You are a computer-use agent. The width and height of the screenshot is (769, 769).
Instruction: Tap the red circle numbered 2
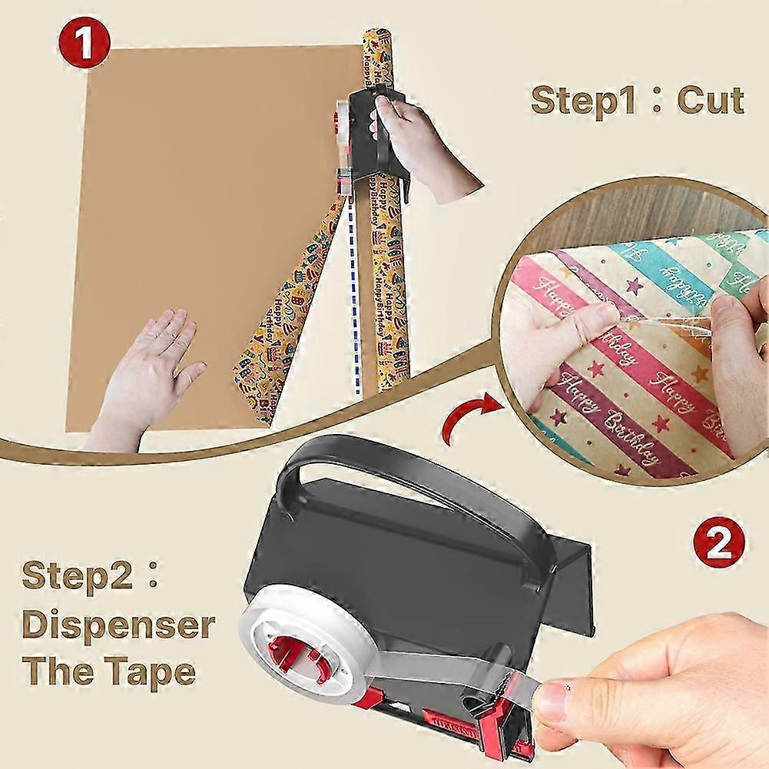pos(719,542)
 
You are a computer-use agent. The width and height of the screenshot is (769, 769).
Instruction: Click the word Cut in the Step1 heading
pos(711,100)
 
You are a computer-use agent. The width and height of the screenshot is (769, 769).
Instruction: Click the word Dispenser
pos(117,625)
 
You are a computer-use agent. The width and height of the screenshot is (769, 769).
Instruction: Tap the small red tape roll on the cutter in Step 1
pos(339,123)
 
